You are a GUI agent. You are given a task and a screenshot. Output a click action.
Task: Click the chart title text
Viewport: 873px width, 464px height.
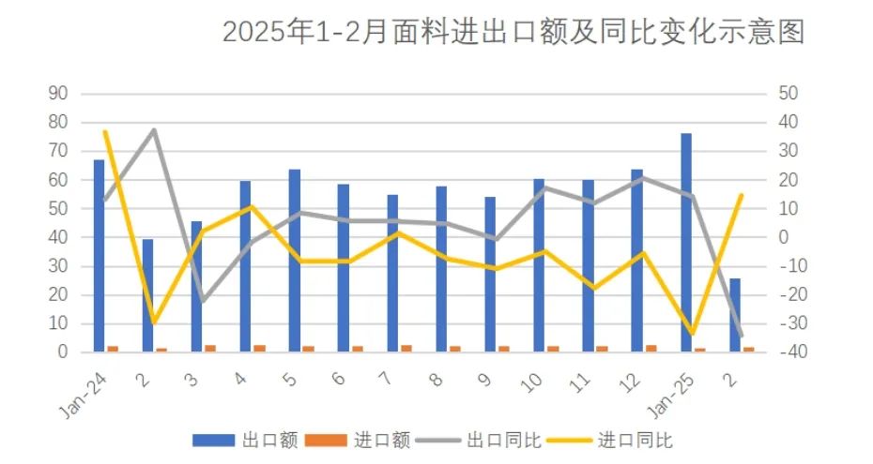[x=513, y=33]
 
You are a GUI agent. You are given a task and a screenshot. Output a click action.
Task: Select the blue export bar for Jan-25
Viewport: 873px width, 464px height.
[x=686, y=242]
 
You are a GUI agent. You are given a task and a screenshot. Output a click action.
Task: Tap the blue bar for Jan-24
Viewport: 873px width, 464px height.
[x=99, y=255]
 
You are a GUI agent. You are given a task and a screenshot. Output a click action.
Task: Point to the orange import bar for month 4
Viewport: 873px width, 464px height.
[x=260, y=348]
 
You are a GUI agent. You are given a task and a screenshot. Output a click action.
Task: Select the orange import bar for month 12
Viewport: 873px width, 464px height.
[x=651, y=348]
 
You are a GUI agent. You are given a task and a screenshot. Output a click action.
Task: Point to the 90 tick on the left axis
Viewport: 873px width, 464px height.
[x=59, y=93]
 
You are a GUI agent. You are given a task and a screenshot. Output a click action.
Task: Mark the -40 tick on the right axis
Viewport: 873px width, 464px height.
[x=787, y=352]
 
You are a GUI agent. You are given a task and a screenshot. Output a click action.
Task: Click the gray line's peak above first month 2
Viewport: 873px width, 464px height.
[x=153, y=129]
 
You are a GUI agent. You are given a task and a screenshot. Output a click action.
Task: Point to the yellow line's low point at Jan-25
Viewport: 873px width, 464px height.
[x=692, y=333]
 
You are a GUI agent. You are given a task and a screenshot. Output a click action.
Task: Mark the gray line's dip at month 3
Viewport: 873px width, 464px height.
[x=202, y=301]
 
